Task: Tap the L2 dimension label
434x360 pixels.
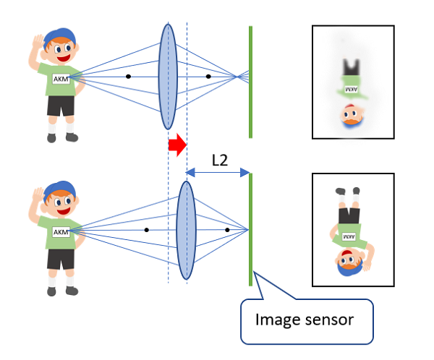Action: (220, 160)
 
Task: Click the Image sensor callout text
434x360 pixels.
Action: (307, 318)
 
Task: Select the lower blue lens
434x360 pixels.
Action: (187, 230)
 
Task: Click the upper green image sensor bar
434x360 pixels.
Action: (250, 81)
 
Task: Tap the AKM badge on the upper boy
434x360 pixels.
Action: (61, 78)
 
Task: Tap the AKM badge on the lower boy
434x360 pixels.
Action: (61, 232)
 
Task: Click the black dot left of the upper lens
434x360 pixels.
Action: (128, 76)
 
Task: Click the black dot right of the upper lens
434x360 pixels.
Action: (208, 76)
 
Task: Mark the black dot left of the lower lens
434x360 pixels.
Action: (146, 230)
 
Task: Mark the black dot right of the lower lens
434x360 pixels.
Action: (227, 230)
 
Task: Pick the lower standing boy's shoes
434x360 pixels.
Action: (61, 291)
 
